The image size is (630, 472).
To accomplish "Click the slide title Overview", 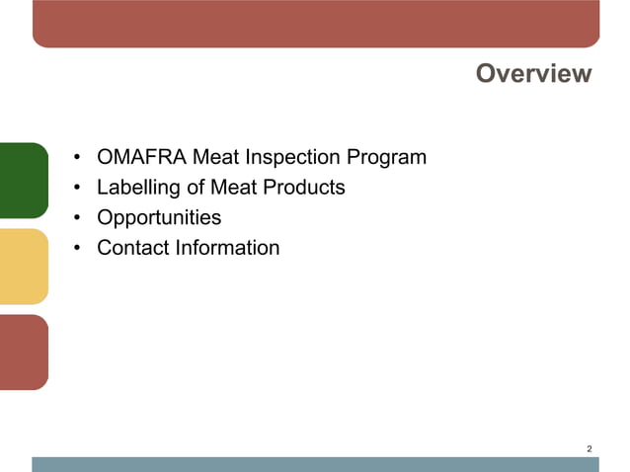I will pyautogui.click(x=533, y=74).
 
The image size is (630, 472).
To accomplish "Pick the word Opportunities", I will pyautogui.click(x=159, y=217).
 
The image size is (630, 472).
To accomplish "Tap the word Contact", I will pyautogui.click(x=132, y=247).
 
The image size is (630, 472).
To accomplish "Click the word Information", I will pyautogui.click(x=227, y=247).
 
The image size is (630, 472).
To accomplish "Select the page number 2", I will pyautogui.click(x=590, y=449).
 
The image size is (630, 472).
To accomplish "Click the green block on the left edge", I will pyautogui.click(x=23, y=180).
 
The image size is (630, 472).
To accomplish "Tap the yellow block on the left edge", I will pyautogui.click(x=23, y=266).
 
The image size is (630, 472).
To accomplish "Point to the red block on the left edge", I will pyautogui.click(x=23, y=352).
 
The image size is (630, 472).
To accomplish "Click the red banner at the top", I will pyautogui.click(x=316, y=23).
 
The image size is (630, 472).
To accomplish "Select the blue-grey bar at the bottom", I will pyautogui.click(x=316, y=464).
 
